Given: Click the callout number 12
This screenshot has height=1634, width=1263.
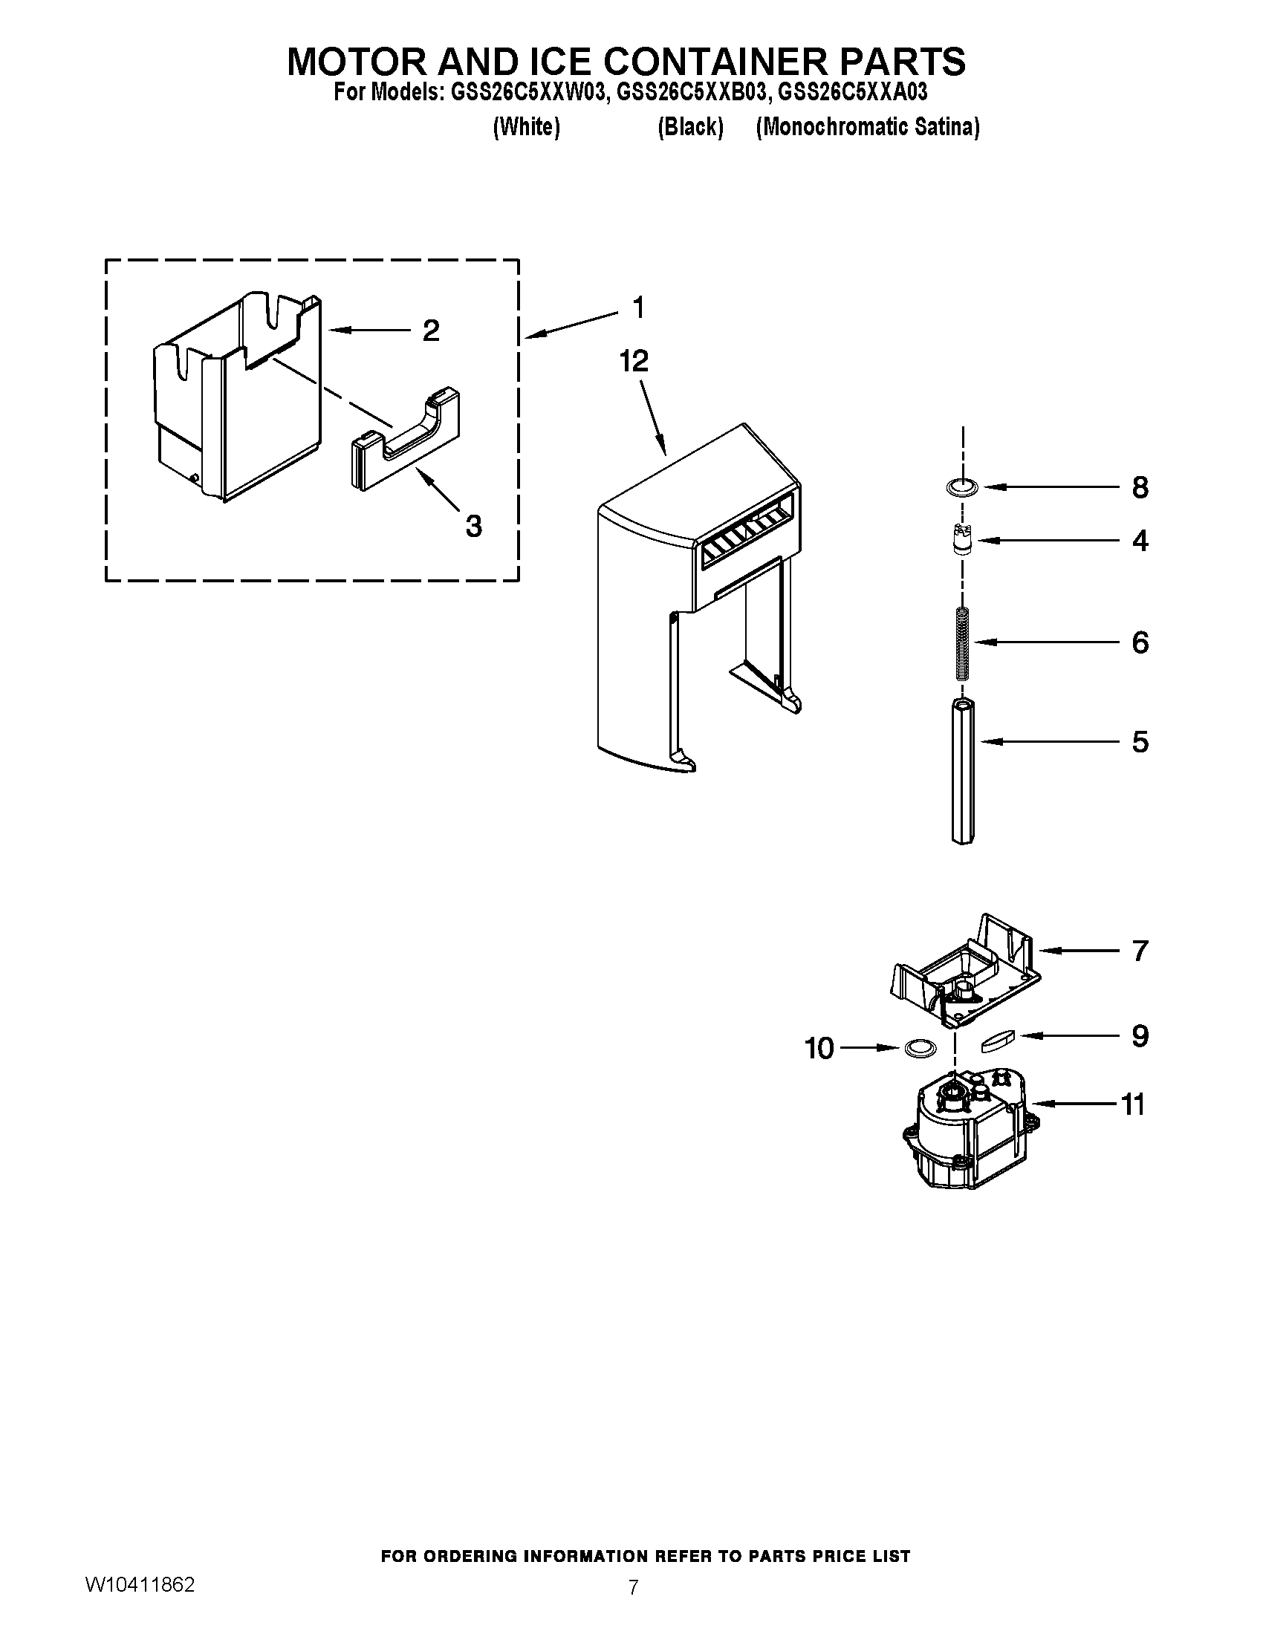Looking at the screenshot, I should point(633,362).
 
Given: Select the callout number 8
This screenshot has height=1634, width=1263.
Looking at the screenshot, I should point(1139,488).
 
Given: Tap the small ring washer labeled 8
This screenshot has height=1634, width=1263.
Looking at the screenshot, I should point(961,487).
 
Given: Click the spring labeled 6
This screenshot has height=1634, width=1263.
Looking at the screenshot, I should point(963,642).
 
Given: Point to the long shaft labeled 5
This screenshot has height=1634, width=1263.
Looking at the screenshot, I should point(963,771).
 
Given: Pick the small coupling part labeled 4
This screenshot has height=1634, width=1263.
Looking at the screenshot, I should point(963,539).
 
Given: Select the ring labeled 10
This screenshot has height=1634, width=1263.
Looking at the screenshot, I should point(921,1048).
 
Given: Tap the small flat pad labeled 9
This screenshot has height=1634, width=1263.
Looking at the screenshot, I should point(996,1040).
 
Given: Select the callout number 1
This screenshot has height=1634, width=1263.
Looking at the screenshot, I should point(638,307).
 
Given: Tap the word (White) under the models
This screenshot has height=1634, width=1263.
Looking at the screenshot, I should point(526,127).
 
